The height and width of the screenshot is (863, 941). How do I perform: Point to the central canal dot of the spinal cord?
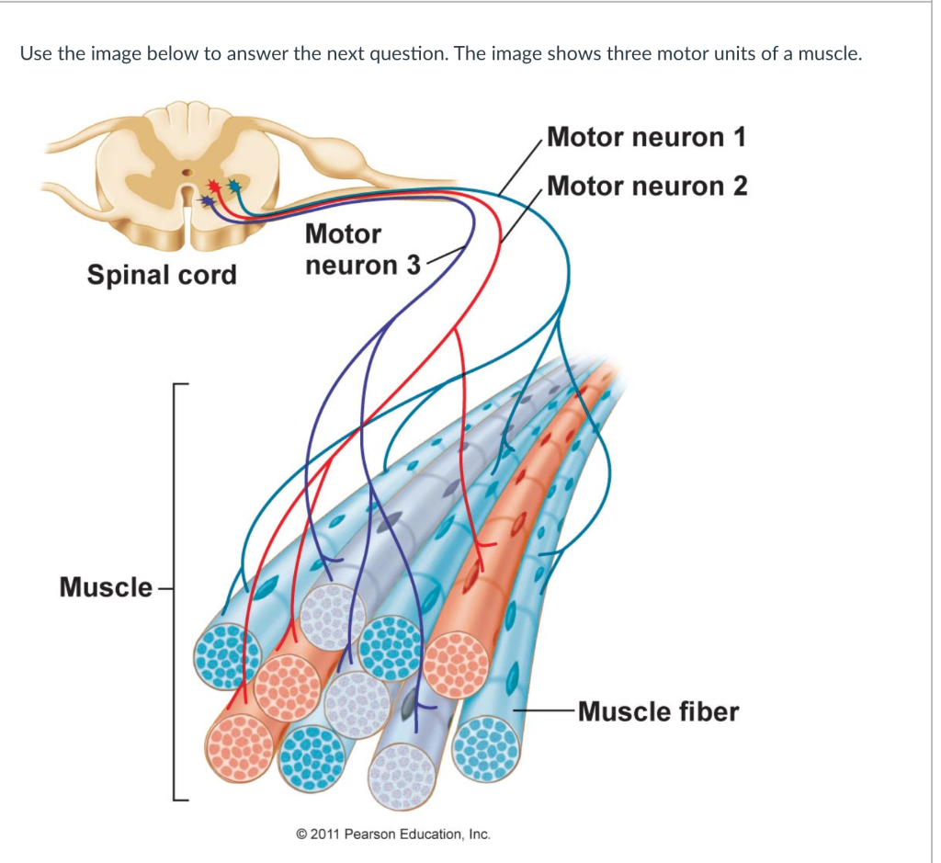point(187,172)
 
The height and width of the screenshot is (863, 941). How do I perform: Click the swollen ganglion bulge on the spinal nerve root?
point(325,150)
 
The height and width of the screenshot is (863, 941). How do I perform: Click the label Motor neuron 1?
point(645,138)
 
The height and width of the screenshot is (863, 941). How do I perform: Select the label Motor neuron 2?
point(647,187)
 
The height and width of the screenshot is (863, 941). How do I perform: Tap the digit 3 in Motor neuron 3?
point(413,266)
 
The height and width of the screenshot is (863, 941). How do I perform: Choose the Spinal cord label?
point(162,275)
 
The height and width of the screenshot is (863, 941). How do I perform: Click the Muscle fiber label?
point(658,711)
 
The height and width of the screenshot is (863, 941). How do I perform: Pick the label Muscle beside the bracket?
point(106,586)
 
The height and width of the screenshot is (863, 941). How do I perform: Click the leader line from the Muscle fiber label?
point(542,710)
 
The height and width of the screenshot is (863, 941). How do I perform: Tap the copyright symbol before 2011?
point(301,835)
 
